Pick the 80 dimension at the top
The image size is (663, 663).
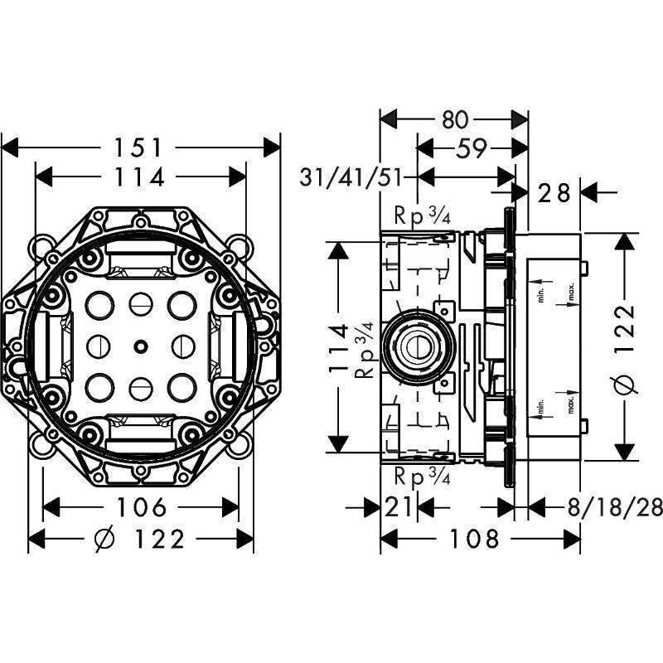pyautogui.click(x=455, y=119)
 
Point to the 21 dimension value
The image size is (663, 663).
pyautogui.click(x=399, y=506)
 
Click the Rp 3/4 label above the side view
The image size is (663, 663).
pyautogui.click(x=421, y=218)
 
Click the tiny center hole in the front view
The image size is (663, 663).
pyautogui.click(x=138, y=344)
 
